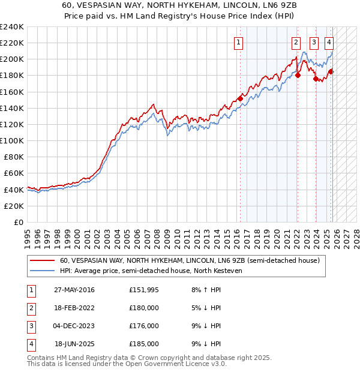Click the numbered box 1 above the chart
point(239,42)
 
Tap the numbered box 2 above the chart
point(296,42)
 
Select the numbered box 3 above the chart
point(314,42)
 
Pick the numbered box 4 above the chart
point(329,42)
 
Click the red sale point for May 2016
point(240,98)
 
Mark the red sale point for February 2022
point(298,76)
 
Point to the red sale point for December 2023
point(316,79)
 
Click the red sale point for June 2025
point(331,71)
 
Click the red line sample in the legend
point(42,260)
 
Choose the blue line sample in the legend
point(42,271)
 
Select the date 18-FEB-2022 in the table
point(74,308)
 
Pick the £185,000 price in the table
point(144,344)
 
